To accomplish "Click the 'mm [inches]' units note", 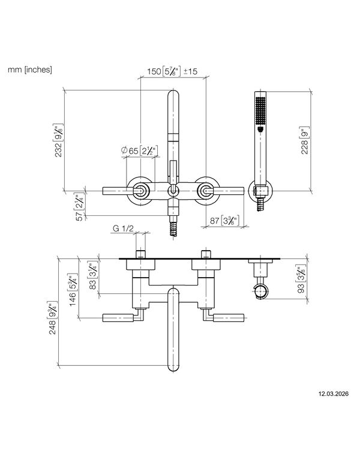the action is tap(30, 70).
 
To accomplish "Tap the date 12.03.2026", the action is tap(333, 393).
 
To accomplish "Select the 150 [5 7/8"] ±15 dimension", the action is tap(172, 71).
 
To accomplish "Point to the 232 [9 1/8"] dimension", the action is tap(59, 140).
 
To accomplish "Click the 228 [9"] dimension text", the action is tap(304, 140).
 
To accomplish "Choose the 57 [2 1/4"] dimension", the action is tap(80, 207).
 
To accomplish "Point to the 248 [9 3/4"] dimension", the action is tap(52, 318).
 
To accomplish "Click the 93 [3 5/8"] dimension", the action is tap(301, 280).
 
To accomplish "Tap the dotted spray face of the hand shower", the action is tap(260, 111).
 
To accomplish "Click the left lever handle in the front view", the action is tap(118, 191).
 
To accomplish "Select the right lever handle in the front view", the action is tap(229, 191).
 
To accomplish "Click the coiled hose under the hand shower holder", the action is tap(260, 205).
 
